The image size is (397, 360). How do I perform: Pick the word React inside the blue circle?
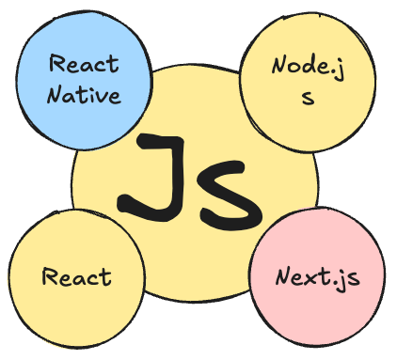pos(84,65)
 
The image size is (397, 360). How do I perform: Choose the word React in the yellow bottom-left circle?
pos(77,277)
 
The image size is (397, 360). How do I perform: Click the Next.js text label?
pos(316,278)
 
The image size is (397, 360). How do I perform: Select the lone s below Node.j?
pos(307,97)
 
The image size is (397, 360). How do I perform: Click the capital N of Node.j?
pos(279,67)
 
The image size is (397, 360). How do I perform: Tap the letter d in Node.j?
pos(308,66)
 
